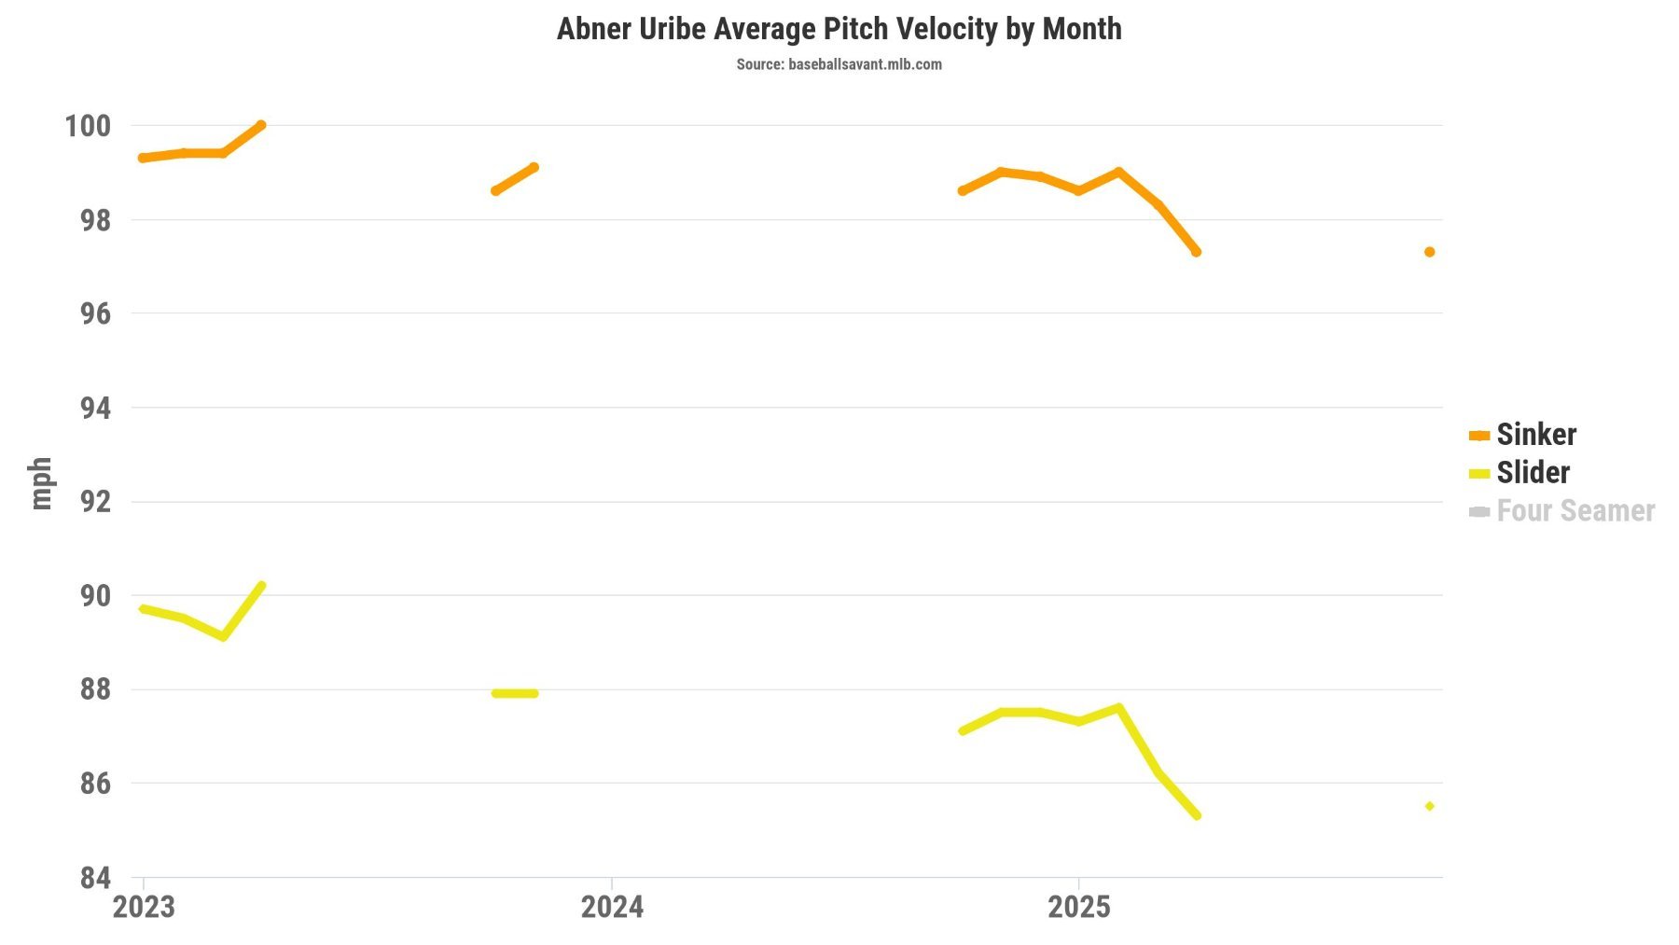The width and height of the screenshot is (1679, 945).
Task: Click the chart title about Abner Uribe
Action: pos(839,29)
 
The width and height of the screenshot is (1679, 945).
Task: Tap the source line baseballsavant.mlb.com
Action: pos(839,64)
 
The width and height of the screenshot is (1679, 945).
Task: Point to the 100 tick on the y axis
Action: pos(87,126)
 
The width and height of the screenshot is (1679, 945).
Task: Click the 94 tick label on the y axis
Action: pos(95,408)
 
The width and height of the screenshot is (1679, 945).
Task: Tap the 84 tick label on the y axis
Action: pos(95,878)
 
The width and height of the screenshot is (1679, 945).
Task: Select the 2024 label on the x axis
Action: pos(612,907)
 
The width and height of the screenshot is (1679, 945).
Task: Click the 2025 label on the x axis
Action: pos(1079,907)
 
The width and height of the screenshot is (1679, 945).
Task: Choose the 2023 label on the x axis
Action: pos(144,907)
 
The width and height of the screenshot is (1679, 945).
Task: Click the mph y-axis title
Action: pos(41,483)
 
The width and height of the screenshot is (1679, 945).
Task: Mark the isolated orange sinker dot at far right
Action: pos(1429,252)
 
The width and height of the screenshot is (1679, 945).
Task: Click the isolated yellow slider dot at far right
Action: pos(1429,806)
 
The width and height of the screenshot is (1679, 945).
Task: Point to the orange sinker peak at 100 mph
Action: pos(261,125)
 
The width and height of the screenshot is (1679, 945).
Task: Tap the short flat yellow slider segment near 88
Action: pos(515,693)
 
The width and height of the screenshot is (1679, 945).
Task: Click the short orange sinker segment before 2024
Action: pos(514,179)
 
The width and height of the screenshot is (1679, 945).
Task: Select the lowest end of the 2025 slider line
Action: pos(1197,815)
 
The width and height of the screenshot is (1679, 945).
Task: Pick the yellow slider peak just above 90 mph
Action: pos(261,586)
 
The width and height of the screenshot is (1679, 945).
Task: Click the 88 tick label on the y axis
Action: pos(95,689)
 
